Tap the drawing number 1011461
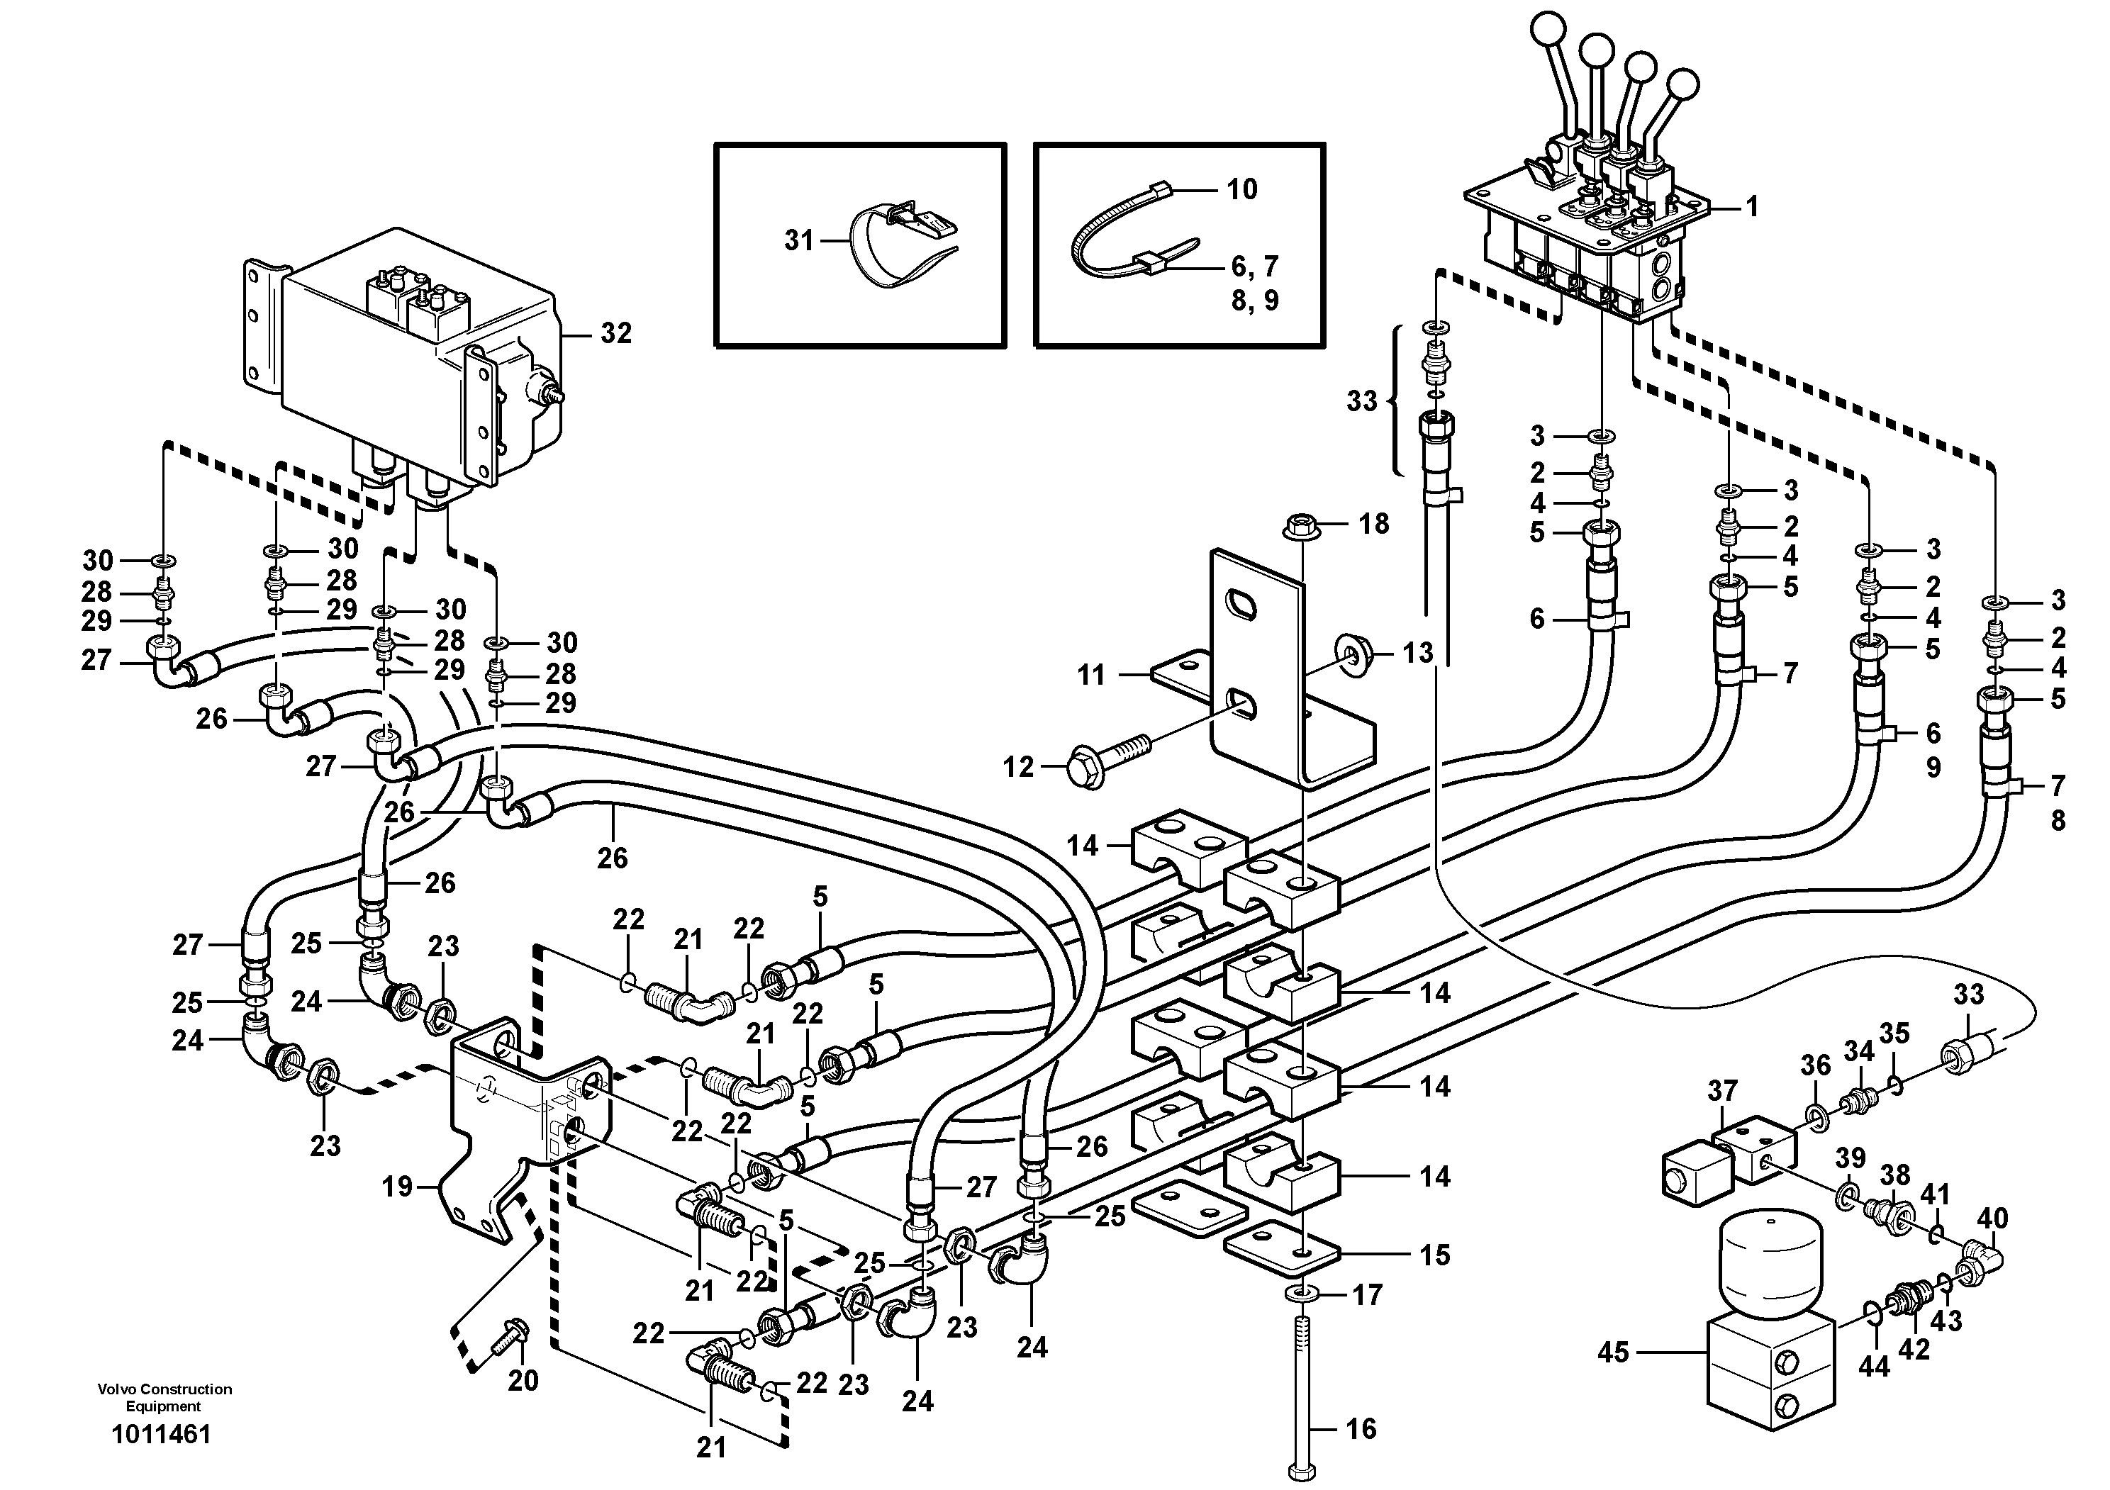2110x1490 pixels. (x=162, y=1434)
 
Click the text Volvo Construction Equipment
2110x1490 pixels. (x=164, y=1397)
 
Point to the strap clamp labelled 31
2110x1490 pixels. (x=896, y=245)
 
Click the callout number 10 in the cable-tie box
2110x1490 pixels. (x=1241, y=189)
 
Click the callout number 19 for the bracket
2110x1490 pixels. (x=398, y=1188)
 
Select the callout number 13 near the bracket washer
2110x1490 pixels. (x=1418, y=652)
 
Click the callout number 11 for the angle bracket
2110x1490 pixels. (x=1091, y=676)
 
